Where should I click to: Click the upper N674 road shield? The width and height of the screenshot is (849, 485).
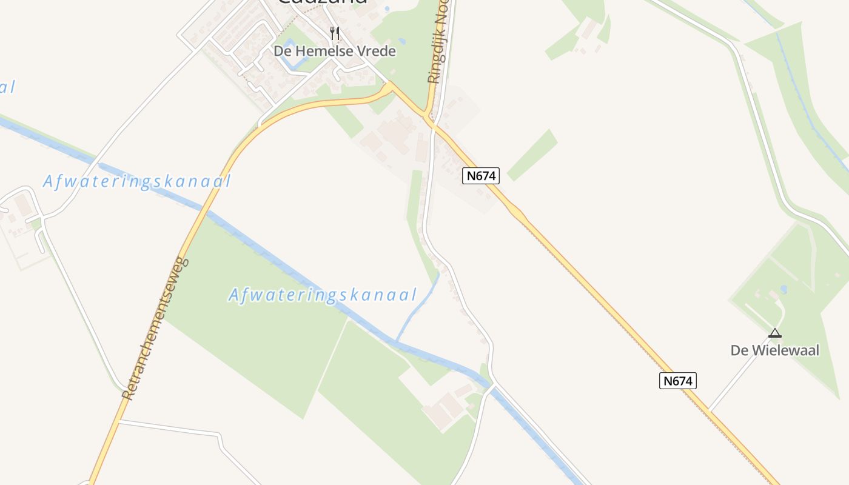pyautogui.click(x=481, y=176)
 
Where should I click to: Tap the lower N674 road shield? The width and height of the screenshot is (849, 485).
pyautogui.click(x=677, y=381)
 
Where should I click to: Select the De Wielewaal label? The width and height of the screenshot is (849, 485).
pyautogui.click(x=774, y=350)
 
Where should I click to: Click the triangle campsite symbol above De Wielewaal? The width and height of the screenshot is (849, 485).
pyautogui.click(x=774, y=333)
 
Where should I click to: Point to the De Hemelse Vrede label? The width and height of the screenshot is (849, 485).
pyautogui.click(x=334, y=51)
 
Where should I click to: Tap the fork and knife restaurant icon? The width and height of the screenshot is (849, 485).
pyautogui.click(x=335, y=33)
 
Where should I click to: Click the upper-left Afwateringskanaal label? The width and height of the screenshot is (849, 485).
pyautogui.click(x=137, y=182)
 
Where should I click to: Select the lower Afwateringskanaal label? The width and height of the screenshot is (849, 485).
pyautogui.click(x=323, y=295)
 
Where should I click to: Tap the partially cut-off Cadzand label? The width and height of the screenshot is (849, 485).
pyautogui.click(x=323, y=3)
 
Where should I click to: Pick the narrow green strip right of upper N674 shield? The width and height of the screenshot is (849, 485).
pyautogui.click(x=532, y=155)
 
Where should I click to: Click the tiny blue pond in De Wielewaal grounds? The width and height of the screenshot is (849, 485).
pyautogui.click(x=784, y=290)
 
